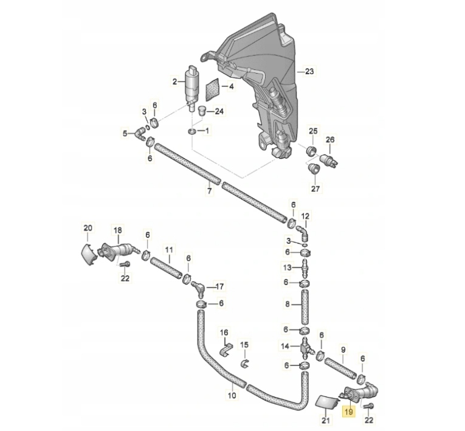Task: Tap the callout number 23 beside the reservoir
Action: tap(309, 71)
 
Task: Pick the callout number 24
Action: tap(220, 111)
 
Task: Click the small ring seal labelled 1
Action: tap(191, 132)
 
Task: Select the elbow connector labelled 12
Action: tap(303, 232)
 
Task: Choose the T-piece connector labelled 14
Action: tap(305, 348)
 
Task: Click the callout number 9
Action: tap(343, 350)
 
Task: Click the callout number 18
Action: tap(118, 230)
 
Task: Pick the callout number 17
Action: tap(219, 286)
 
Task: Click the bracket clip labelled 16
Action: tap(225, 350)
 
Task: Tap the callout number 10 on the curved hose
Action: tap(231, 396)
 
